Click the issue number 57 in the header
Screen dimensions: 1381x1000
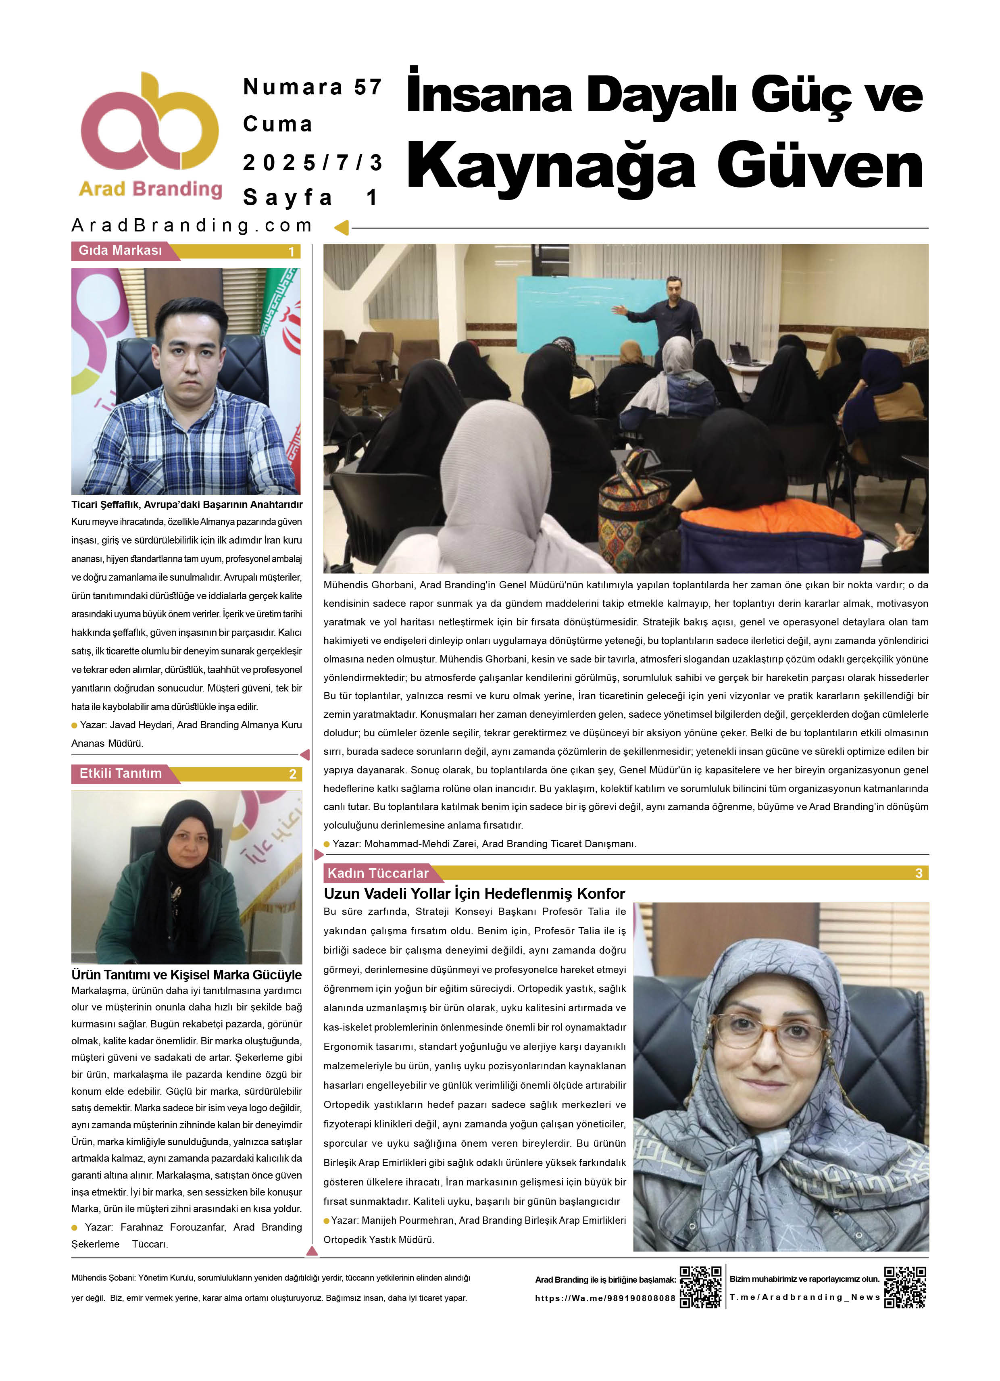pos(368,87)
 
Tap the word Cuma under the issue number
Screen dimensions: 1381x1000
pos(278,124)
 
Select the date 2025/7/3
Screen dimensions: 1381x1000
pos(312,162)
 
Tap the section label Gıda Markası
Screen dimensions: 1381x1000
pos(121,250)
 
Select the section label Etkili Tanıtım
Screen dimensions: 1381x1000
pos(121,773)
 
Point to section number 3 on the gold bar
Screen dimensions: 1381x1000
pos(919,873)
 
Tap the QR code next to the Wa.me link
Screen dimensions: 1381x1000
pos(700,1287)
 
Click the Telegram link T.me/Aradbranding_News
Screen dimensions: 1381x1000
pos(804,1297)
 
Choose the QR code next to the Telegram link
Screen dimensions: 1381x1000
pos(905,1287)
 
